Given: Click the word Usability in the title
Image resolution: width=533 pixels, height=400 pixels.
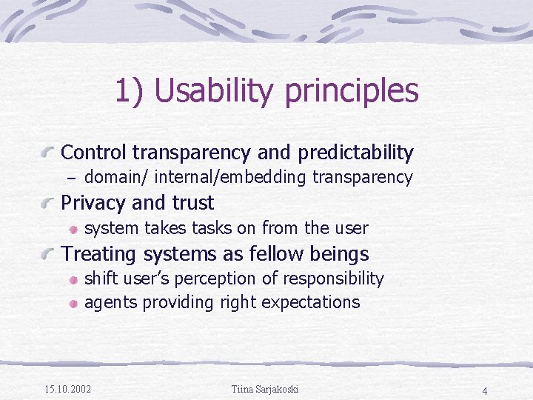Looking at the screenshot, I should pos(215,92).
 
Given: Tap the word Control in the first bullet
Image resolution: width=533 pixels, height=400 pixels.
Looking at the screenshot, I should pos(93,153).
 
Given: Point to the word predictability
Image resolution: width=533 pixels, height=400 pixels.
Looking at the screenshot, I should pos(355,153).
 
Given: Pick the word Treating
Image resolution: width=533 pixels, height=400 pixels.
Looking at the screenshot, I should pos(97,254).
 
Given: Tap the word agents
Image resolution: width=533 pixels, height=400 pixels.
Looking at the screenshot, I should pos(111,302).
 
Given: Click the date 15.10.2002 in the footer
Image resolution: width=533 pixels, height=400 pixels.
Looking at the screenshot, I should pos(67,389).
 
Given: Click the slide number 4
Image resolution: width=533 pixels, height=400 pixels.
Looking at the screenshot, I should pos(484,390).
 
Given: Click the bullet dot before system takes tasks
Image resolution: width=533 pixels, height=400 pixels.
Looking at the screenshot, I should pos(74,229).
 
